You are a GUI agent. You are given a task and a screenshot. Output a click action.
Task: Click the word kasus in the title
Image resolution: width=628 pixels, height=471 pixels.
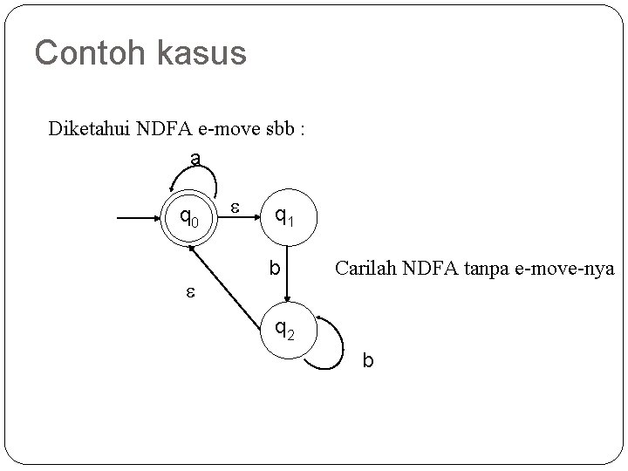click(202, 53)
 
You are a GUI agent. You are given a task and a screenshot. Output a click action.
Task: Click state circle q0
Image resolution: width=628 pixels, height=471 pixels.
click(189, 215)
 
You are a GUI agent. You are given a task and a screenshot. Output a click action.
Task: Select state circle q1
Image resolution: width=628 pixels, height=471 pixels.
click(284, 215)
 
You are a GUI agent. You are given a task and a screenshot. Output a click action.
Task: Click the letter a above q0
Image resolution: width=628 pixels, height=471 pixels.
click(196, 159)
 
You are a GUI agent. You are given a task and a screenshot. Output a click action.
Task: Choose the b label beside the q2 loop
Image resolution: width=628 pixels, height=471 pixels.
click(367, 359)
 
